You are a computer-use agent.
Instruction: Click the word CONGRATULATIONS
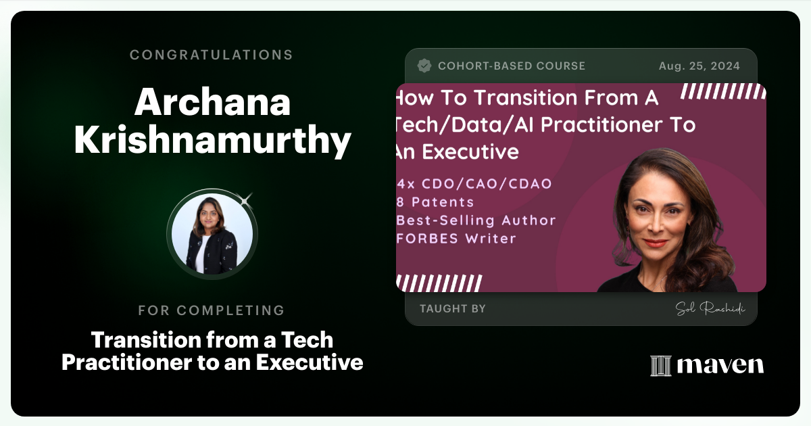click(x=212, y=55)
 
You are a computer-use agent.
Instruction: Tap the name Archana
click(x=212, y=102)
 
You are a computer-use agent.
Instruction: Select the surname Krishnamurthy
click(x=212, y=141)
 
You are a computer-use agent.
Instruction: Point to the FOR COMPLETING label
click(x=212, y=310)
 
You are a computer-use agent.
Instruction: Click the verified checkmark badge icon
click(x=424, y=66)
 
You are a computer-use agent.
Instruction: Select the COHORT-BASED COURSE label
click(x=511, y=66)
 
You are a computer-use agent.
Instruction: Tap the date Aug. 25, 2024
click(x=699, y=66)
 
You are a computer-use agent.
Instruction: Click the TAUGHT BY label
click(x=452, y=309)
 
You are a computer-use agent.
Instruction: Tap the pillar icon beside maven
click(x=660, y=365)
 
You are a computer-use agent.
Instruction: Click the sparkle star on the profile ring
click(x=246, y=197)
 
